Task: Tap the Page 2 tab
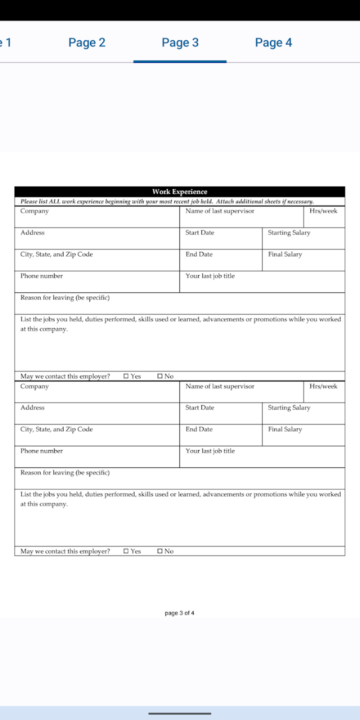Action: [x=87, y=42]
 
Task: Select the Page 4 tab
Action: [x=273, y=42]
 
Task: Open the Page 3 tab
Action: [x=180, y=42]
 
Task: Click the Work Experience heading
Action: [x=179, y=191]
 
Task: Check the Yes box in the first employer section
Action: [x=126, y=376]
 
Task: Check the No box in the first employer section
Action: [x=160, y=376]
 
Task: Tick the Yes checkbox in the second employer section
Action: [x=126, y=551]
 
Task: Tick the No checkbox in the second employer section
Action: [x=160, y=551]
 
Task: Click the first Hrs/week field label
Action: [x=323, y=211]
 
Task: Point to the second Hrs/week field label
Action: [x=323, y=386]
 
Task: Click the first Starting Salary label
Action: [x=289, y=232]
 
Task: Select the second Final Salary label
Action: [x=285, y=429]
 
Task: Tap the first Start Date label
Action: [x=199, y=232]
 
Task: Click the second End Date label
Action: [x=199, y=429]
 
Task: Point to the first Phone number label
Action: [x=41, y=276]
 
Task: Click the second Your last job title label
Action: [x=210, y=451]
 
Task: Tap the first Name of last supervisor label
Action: [x=219, y=211]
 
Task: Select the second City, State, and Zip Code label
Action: [x=56, y=429]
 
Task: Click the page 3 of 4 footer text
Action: [x=179, y=613]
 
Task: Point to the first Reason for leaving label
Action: [x=65, y=297]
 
